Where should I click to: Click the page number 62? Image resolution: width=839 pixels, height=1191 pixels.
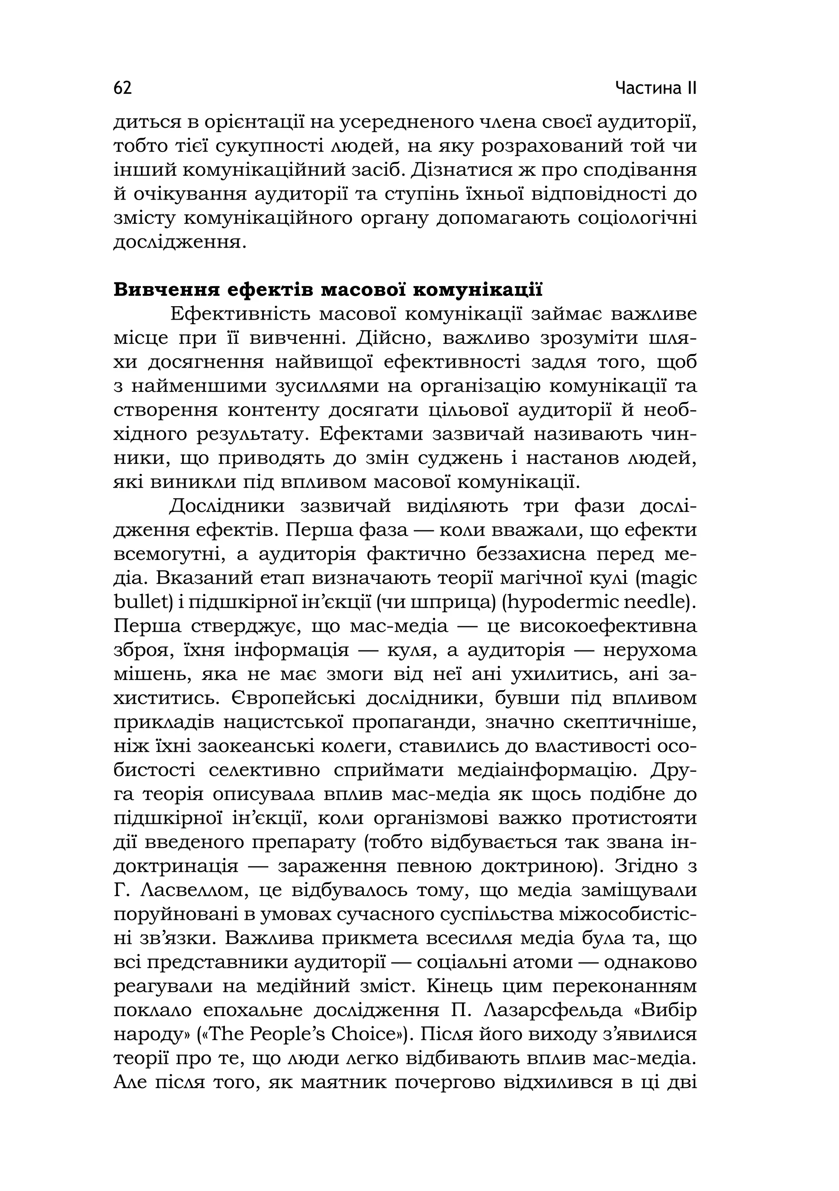pos(123,88)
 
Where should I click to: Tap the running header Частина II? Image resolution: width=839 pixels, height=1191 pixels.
pos(656,88)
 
